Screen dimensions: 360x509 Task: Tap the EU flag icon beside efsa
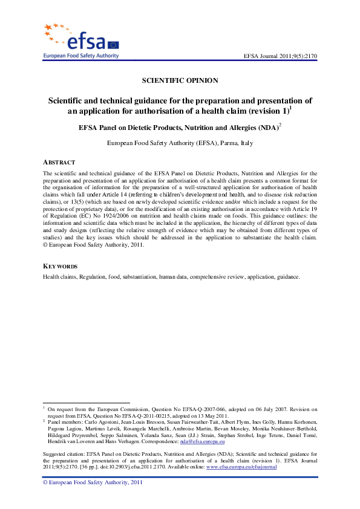[x=113, y=44]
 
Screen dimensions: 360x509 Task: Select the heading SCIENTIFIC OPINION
[x=180, y=80]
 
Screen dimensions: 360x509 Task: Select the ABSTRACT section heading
[x=59, y=163]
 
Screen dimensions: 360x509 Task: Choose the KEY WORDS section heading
[x=59, y=267]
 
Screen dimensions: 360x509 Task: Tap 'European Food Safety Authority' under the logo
[x=80, y=56]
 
